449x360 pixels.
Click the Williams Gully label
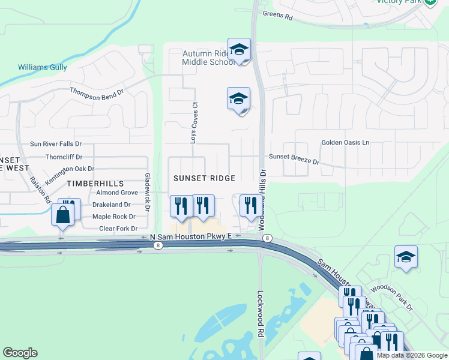(42, 67)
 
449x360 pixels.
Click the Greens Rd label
(277, 17)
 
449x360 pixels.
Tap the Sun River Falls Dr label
(56, 145)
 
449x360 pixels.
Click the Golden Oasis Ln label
(345, 143)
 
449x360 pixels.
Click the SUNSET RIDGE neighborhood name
(204, 178)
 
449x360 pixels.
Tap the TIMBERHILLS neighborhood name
(95, 183)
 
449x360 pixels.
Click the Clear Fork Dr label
(118, 229)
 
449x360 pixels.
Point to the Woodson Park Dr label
(392, 296)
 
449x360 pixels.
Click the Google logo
(20, 353)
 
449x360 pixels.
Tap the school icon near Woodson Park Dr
(406, 257)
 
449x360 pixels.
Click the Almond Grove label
(116, 193)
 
